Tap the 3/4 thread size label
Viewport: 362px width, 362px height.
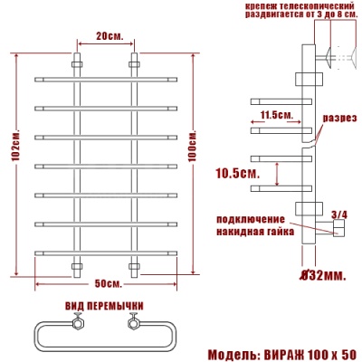[x=339, y=213]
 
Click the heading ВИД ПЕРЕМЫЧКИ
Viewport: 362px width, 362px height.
[x=106, y=304]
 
